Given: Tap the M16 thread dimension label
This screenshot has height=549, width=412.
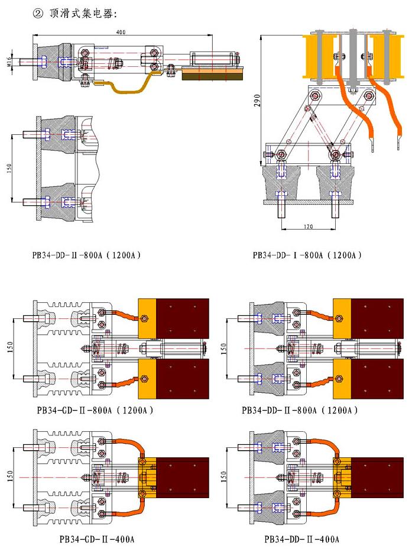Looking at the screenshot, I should pyautogui.click(x=12, y=61).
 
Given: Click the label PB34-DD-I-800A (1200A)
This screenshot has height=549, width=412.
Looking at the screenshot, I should pyautogui.click(x=307, y=256).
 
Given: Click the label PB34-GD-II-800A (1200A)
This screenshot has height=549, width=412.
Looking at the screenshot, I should pyautogui.click(x=95, y=409).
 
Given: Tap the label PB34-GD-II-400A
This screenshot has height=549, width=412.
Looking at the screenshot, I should pyautogui.click(x=97, y=539).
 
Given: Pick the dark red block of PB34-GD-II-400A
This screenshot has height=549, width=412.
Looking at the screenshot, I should pyautogui.click(x=184, y=477).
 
